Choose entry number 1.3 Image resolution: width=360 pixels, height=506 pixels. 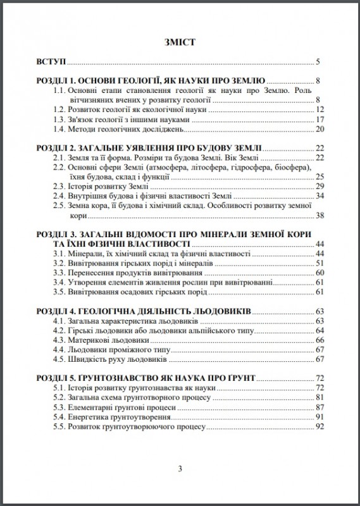point(59,120)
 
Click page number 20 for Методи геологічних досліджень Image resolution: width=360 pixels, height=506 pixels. point(320,129)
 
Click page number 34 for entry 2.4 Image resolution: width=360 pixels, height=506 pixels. point(320,196)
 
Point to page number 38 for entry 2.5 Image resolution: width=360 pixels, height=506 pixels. point(320,216)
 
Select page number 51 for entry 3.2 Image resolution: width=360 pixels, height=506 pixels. point(320,262)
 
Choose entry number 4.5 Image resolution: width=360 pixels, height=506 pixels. point(59,359)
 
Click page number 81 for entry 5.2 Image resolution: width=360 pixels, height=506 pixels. point(320,397)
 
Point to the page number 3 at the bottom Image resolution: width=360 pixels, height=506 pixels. point(180,469)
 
